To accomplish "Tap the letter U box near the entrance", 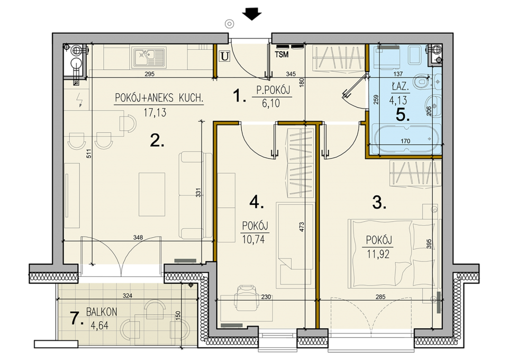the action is click(224, 56).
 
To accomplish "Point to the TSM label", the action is click(282, 55).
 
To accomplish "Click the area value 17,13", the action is click(155, 112).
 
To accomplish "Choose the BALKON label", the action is click(102, 312).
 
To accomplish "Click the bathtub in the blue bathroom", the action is click(406, 138).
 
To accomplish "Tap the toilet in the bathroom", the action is click(421, 82).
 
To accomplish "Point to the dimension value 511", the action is click(89, 154).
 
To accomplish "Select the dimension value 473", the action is click(302, 227).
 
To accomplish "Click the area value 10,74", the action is click(253, 239).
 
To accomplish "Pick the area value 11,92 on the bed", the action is click(378, 254).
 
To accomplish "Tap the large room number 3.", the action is click(379, 203).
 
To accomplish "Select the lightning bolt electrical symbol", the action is click(79, 100).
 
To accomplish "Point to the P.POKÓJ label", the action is click(273, 90).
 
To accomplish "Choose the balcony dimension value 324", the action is click(128, 295).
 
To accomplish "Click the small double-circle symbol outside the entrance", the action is click(230, 24).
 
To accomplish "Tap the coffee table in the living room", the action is click(152, 194).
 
